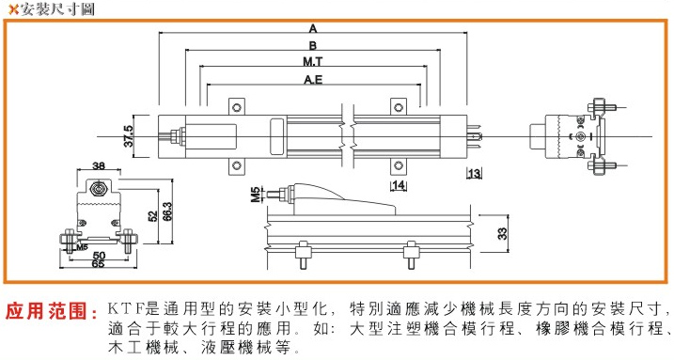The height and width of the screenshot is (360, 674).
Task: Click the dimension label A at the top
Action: point(313,29)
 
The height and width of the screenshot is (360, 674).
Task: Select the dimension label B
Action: point(313,45)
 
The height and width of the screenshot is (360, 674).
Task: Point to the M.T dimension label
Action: point(312,62)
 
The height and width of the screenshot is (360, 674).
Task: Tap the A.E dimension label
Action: point(313,80)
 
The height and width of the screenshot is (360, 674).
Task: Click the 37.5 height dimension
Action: point(129,136)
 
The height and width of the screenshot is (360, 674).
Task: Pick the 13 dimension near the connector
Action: point(474,174)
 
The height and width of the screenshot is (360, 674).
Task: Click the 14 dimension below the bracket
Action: point(399,185)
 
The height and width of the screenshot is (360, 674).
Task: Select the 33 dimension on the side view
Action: point(502,233)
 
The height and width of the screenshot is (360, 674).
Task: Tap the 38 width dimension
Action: point(99,165)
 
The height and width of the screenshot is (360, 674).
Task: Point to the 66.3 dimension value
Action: point(167,211)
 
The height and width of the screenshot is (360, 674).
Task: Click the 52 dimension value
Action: point(152,216)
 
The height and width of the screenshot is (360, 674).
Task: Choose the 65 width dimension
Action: point(98,263)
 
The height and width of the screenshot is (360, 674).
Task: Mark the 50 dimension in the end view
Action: point(99,256)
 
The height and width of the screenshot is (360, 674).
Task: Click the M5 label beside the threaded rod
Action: point(256,195)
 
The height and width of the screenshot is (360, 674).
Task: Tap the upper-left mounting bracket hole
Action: point(236,107)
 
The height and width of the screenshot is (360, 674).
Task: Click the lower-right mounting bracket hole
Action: point(399,165)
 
